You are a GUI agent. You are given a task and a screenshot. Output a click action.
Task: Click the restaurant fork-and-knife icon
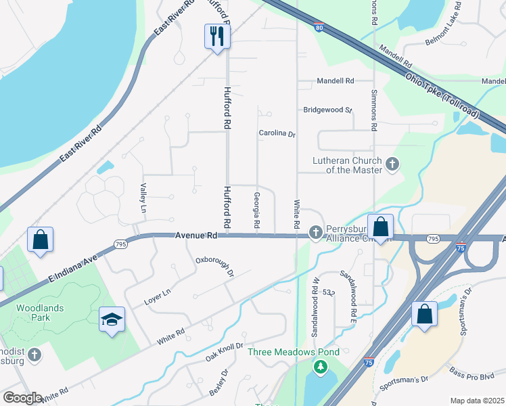216,36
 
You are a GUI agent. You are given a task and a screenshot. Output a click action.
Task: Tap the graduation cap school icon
112,319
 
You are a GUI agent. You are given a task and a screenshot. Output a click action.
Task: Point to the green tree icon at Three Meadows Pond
320,367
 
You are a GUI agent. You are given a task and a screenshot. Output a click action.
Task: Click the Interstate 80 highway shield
319,28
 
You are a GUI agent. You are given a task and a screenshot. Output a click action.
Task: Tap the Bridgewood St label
328,110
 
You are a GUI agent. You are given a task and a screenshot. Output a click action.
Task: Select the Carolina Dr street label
277,134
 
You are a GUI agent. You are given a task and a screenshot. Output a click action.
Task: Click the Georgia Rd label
257,210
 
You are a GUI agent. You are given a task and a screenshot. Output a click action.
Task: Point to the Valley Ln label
143,198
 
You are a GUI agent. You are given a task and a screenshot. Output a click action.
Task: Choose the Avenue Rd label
195,235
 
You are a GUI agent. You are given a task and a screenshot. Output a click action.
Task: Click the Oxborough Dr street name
214,267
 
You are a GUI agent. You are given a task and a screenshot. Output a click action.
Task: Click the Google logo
22,397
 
